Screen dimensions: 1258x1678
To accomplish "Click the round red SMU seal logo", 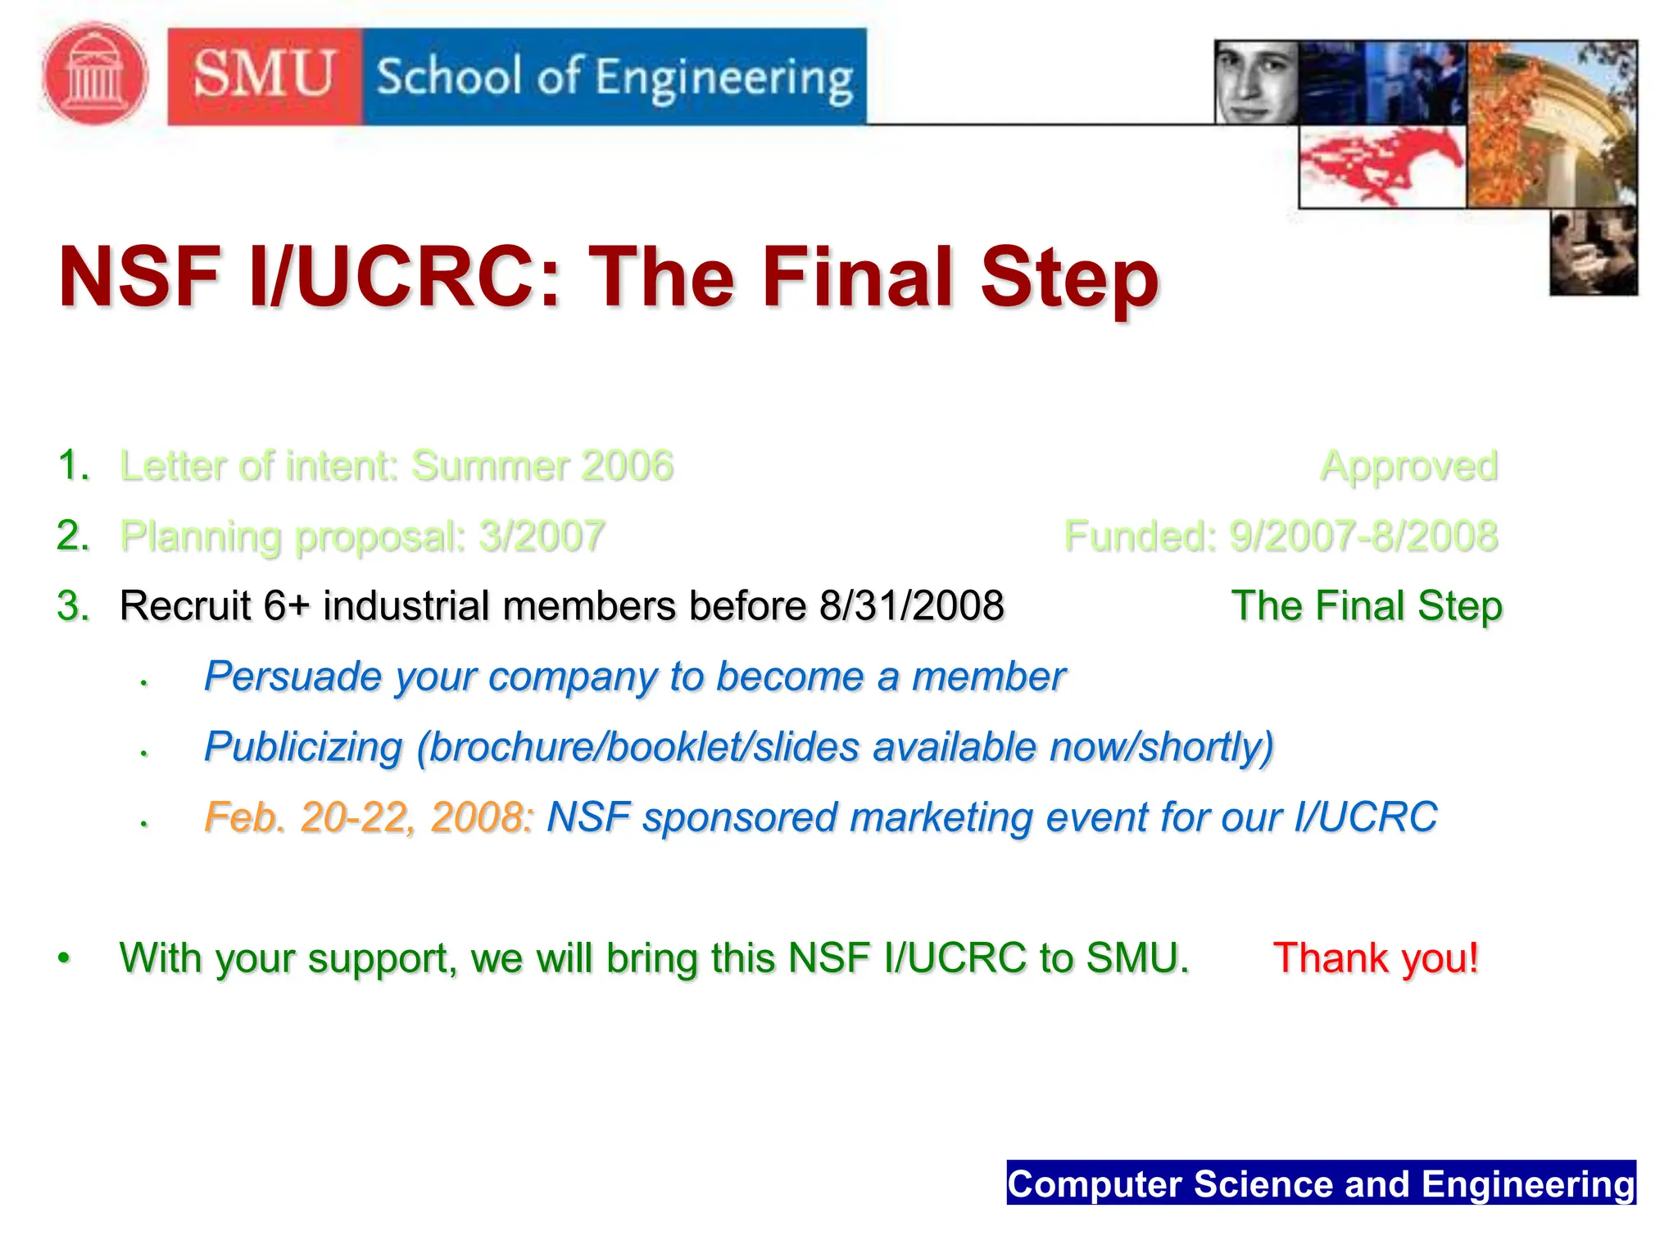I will pyautogui.click(x=95, y=75).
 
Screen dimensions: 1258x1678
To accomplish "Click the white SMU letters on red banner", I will pyautogui.click(x=264, y=75).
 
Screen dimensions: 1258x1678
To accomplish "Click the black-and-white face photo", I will pyautogui.click(x=1255, y=82).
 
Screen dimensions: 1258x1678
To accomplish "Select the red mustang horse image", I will pyautogui.click(x=1381, y=166).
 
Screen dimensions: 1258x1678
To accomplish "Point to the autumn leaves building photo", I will pyautogui.click(x=1551, y=123).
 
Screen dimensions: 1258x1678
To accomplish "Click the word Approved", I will pyautogui.click(x=1408, y=466).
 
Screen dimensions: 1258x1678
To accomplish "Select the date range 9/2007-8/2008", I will pyautogui.click(x=1363, y=536).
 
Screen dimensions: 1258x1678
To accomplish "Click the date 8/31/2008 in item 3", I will pyautogui.click(x=911, y=606).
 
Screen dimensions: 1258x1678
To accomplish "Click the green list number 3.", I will pyautogui.click(x=72, y=607).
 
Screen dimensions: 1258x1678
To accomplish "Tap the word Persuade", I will pyautogui.click(x=292, y=677).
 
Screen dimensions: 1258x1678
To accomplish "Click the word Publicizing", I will pyautogui.click(x=303, y=747).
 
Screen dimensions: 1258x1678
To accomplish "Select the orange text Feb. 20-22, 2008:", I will pyautogui.click(x=369, y=817).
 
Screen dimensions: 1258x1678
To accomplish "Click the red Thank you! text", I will pyautogui.click(x=1375, y=957).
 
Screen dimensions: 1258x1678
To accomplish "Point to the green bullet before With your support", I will pyautogui.click(x=64, y=957).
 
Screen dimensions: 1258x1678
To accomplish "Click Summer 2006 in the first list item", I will pyautogui.click(x=542, y=466).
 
